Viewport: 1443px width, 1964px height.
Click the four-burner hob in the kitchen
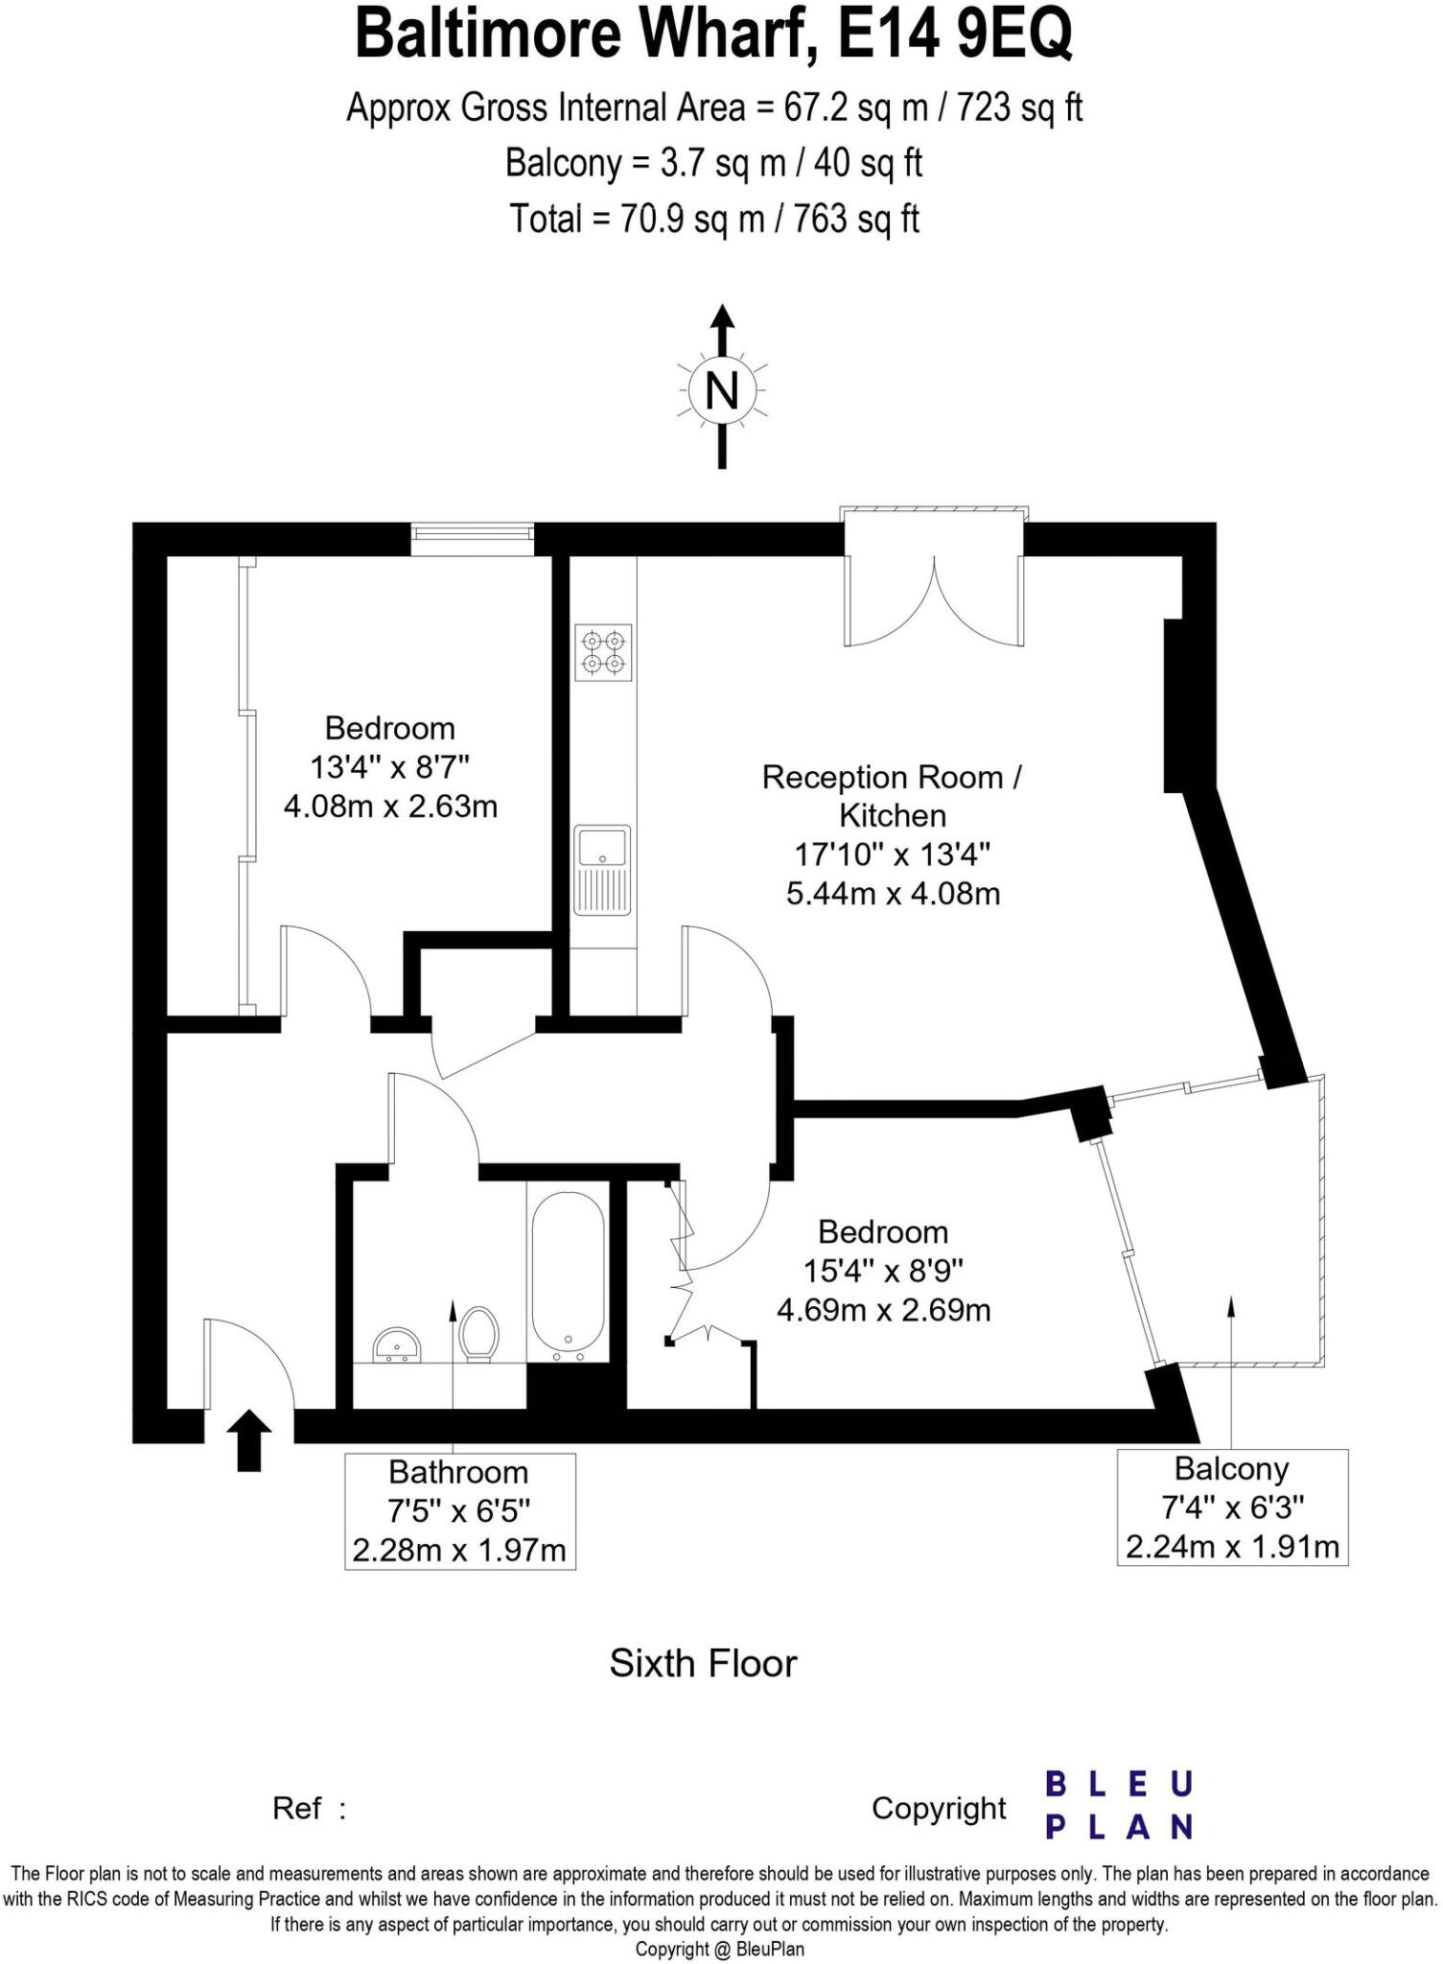click(604, 652)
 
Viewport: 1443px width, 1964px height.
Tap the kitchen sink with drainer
click(602, 869)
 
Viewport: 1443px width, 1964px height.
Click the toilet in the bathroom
click(478, 1334)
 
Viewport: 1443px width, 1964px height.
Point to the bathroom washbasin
click(397, 1344)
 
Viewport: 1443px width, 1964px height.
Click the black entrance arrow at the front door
click(248, 1439)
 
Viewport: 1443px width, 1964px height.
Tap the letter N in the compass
click(722, 390)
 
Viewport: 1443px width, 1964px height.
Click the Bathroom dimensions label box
click(459, 1511)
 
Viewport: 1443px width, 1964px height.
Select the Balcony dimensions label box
click(1232, 1508)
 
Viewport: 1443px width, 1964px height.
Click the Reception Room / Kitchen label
click(892, 796)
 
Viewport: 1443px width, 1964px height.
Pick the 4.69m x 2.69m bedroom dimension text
click(883, 1310)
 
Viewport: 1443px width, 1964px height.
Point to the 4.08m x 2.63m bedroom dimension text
click(390, 807)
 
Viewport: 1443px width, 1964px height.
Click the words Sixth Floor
click(703, 1664)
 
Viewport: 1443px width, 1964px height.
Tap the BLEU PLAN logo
click(1118, 1806)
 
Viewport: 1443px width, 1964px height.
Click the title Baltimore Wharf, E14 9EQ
click(713, 35)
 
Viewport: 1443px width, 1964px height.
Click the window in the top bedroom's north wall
click(472, 538)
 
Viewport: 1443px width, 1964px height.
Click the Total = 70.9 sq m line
click(714, 220)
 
